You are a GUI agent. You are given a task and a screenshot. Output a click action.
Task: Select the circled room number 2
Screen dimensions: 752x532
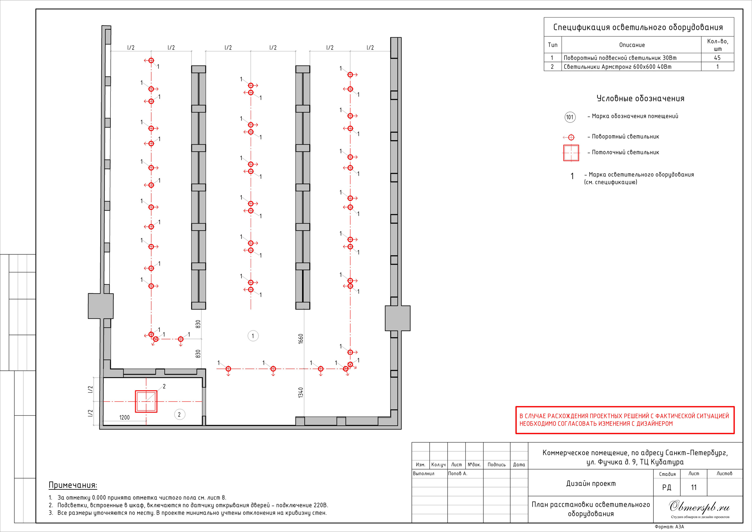point(179,414)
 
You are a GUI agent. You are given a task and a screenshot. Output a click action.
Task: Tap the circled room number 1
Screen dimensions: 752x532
point(253,336)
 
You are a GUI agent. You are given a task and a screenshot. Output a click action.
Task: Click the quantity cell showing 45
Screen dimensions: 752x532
point(717,58)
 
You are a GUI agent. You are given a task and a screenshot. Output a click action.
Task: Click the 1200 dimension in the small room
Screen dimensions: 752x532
point(125,417)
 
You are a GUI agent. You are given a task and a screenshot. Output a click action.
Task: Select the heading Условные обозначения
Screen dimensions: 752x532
point(640,99)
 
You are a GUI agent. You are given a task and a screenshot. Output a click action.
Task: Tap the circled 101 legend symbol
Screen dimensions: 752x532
point(570,117)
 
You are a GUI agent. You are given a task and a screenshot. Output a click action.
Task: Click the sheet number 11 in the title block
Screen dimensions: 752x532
point(694,487)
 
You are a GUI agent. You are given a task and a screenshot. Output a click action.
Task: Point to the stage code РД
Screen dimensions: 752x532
point(667,487)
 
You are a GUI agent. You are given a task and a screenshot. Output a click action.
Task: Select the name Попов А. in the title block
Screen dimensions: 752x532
point(458,473)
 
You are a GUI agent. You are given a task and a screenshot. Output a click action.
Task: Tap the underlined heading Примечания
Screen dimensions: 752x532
point(73,485)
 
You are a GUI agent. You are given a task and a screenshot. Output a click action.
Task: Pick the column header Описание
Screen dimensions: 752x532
point(632,45)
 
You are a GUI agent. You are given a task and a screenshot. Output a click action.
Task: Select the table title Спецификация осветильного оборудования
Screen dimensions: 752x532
point(638,27)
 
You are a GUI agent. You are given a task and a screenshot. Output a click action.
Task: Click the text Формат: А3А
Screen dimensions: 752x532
point(669,527)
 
